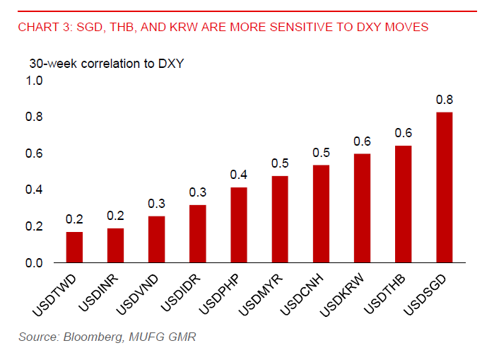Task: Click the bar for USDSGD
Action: tap(444, 187)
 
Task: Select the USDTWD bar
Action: tap(74, 247)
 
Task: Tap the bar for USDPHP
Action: tap(239, 225)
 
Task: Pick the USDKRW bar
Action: tap(362, 208)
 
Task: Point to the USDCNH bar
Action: tap(321, 214)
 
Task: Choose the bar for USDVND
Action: tap(156, 239)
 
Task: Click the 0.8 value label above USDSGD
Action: tap(444, 99)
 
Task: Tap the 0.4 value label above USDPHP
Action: tap(239, 175)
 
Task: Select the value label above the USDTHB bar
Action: tap(403, 133)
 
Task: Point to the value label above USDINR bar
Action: tap(115, 216)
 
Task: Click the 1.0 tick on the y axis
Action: tap(35, 81)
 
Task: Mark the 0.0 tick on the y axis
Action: tap(35, 263)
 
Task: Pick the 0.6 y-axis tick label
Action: tap(35, 153)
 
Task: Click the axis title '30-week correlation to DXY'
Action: tap(106, 63)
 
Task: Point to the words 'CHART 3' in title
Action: tap(42, 28)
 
